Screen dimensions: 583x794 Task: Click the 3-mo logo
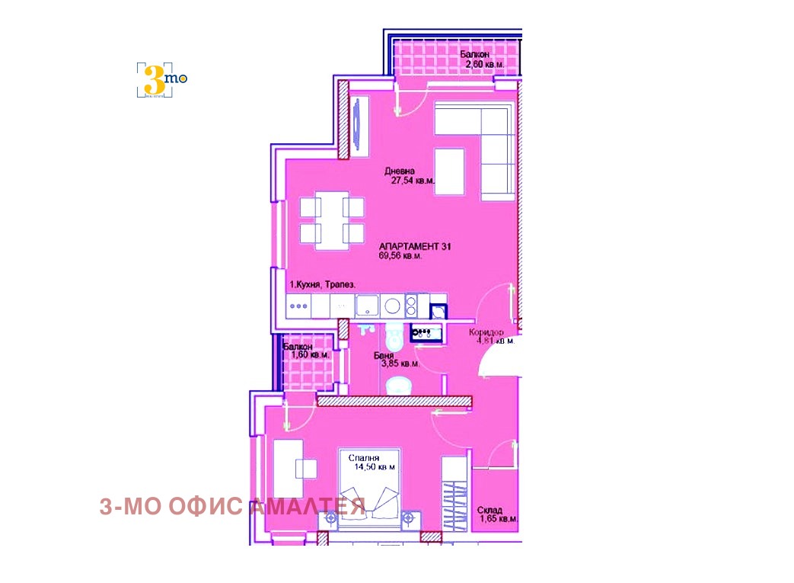click(x=161, y=78)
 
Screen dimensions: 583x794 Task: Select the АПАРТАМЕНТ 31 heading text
click(x=416, y=246)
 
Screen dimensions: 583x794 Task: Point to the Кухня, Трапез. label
click(x=321, y=285)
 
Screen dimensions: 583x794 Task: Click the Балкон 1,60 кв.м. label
click(x=305, y=351)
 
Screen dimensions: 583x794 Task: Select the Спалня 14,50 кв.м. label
click(x=371, y=462)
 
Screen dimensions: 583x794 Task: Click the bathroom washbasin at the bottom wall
click(x=397, y=386)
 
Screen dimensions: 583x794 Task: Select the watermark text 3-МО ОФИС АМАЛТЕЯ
click(x=232, y=506)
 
